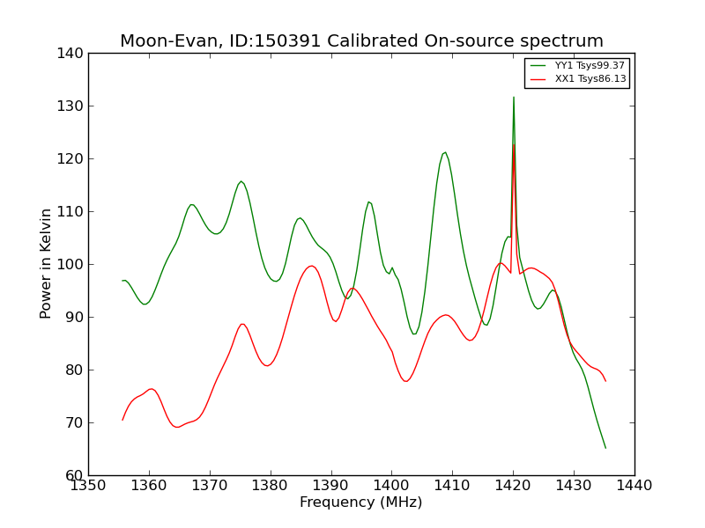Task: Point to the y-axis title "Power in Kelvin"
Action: point(46,264)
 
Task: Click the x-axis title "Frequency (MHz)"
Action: point(361,502)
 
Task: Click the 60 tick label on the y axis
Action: point(76,475)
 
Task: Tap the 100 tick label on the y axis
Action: point(72,264)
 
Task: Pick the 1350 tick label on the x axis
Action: point(88,486)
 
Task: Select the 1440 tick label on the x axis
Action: point(634,486)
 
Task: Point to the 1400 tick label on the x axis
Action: point(391,486)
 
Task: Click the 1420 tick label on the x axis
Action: point(513,486)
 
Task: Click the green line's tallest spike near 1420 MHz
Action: point(514,97)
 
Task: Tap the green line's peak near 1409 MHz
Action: point(445,152)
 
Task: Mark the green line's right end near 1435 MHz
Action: point(605,448)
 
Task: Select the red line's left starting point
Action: point(122,420)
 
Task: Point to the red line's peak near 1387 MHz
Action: point(311,266)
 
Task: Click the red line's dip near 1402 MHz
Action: point(405,381)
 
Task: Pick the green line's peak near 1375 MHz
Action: point(241,181)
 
